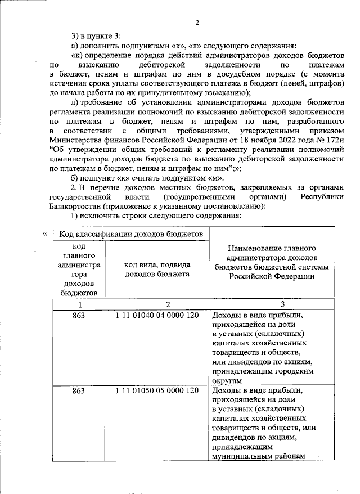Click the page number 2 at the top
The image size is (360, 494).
[x=197, y=23]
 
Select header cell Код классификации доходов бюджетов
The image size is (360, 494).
[x=130, y=233]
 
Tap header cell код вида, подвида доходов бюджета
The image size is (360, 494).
[x=157, y=269]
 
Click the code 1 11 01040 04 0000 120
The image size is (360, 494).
[x=157, y=315]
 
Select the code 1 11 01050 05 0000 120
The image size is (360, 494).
[x=157, y=390]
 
